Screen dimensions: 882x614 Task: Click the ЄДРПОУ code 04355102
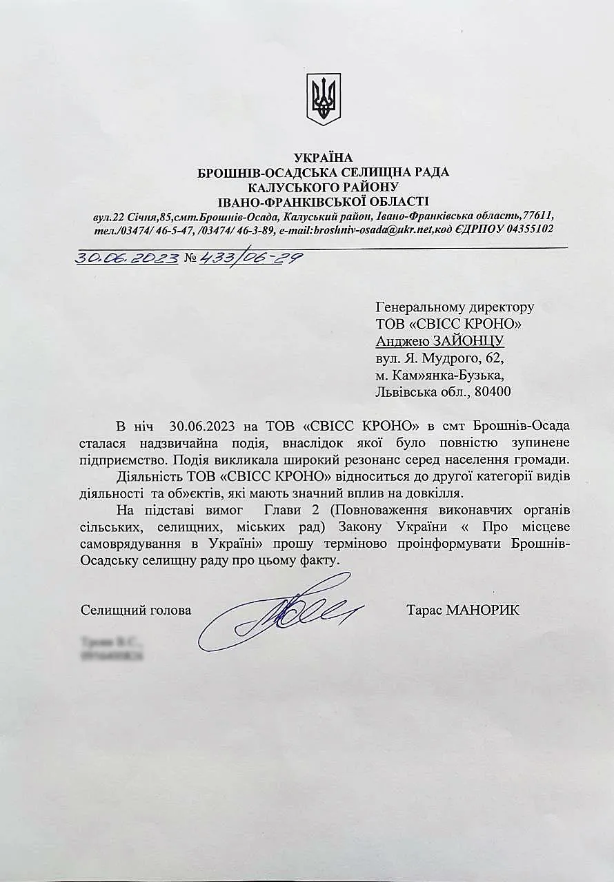click(x=529, y=229)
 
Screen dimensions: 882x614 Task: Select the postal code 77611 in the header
click(x=537, y=215)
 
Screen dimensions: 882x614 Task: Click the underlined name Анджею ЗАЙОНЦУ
click(x=439, y=340)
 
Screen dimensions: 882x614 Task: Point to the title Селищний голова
click(x=136, y=610)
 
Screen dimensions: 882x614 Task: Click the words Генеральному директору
click(x=454, y=307)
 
